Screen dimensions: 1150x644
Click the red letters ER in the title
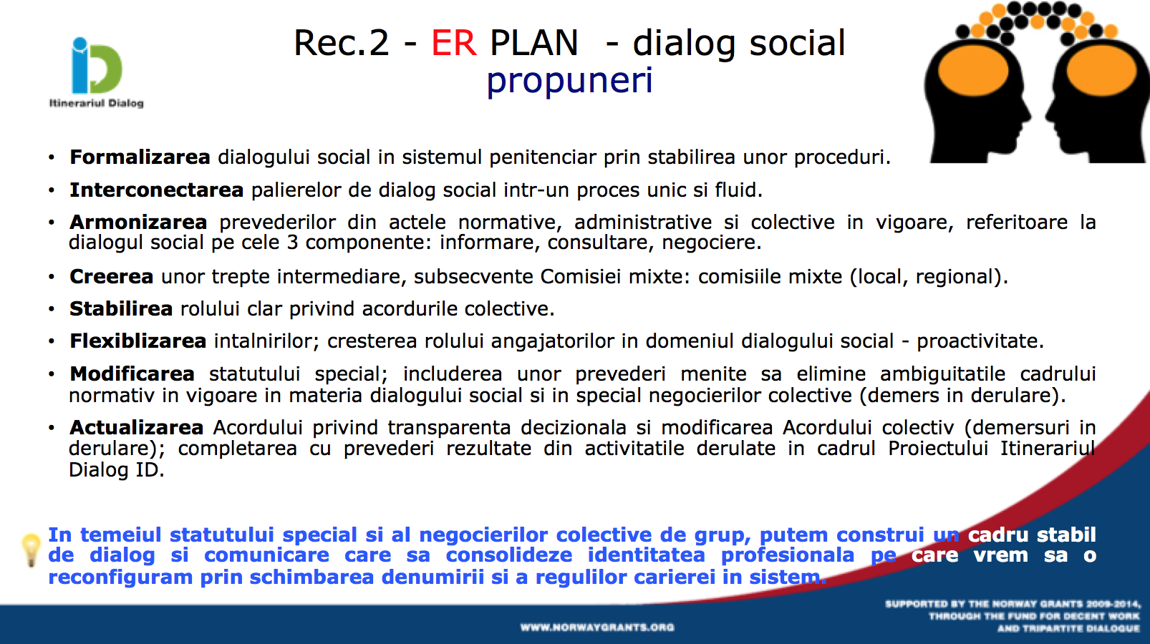pyautogui.click(x=454, y=43)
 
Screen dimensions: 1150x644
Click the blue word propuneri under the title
pyautogui.click(x=569, y=81)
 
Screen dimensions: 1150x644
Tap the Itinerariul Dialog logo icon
pyautogui.click(x=97, y=65)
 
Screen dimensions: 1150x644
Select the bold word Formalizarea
pyautogui.click(x=140, y=157)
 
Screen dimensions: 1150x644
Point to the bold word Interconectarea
pyautogui.click(x=157, y=190)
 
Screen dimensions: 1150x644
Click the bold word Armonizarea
pyautogui.click(x=138, y=223)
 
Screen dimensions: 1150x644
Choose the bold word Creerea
pyautogui.click(x=112, y=277)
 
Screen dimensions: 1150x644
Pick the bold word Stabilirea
pyautogui.click(x=121, y=309)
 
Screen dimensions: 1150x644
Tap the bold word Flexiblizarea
pyautogui.click(x=137, y=341)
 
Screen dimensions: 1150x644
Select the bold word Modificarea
pyautogui.click(x=132, y=374)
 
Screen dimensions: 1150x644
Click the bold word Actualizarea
pyautogui.click(x=137, y=427)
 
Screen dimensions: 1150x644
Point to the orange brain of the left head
pyautogui.click(x=973, y=71)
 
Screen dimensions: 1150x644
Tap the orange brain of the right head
pyautogui.click(x=1101, y=71)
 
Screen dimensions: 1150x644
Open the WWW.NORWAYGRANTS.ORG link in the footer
pyautogui.click(x=597, y=627)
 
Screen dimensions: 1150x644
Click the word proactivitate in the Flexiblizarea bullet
pyautogui.click(x=980, y=341)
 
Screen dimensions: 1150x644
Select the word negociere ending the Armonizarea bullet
pyautogui.click(x=711, y=242)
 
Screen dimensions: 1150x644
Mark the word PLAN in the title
pyautogui.click(x=534, y=43)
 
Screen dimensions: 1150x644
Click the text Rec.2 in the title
pyautogui.click(x=342, y=43)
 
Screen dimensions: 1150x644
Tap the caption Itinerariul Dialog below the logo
pyautogui.click(x=97, y=103)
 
